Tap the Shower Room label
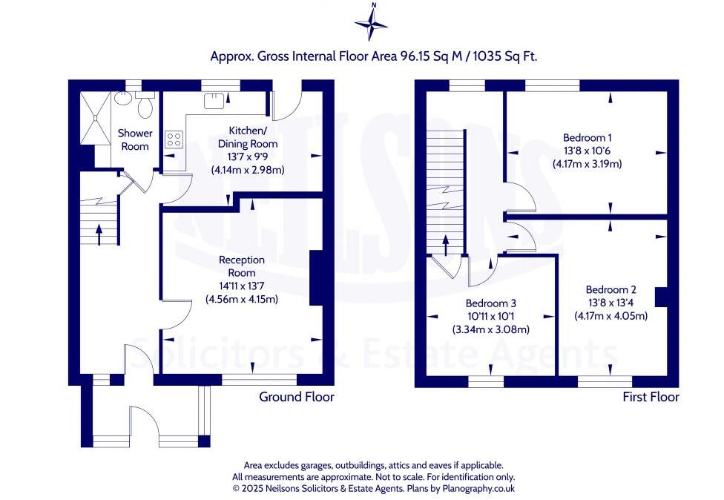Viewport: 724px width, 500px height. [x=135, y=139]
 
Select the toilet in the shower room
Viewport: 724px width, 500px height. [x=145, y=106]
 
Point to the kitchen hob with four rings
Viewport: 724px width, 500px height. [x=174, y=139]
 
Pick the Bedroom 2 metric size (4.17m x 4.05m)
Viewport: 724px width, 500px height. [x=611, y=316]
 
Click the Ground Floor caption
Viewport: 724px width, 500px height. [x=296, y=397]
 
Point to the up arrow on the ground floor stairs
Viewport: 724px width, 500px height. [x=99, y=233]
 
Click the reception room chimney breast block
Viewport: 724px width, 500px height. [x=315, y=278]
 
